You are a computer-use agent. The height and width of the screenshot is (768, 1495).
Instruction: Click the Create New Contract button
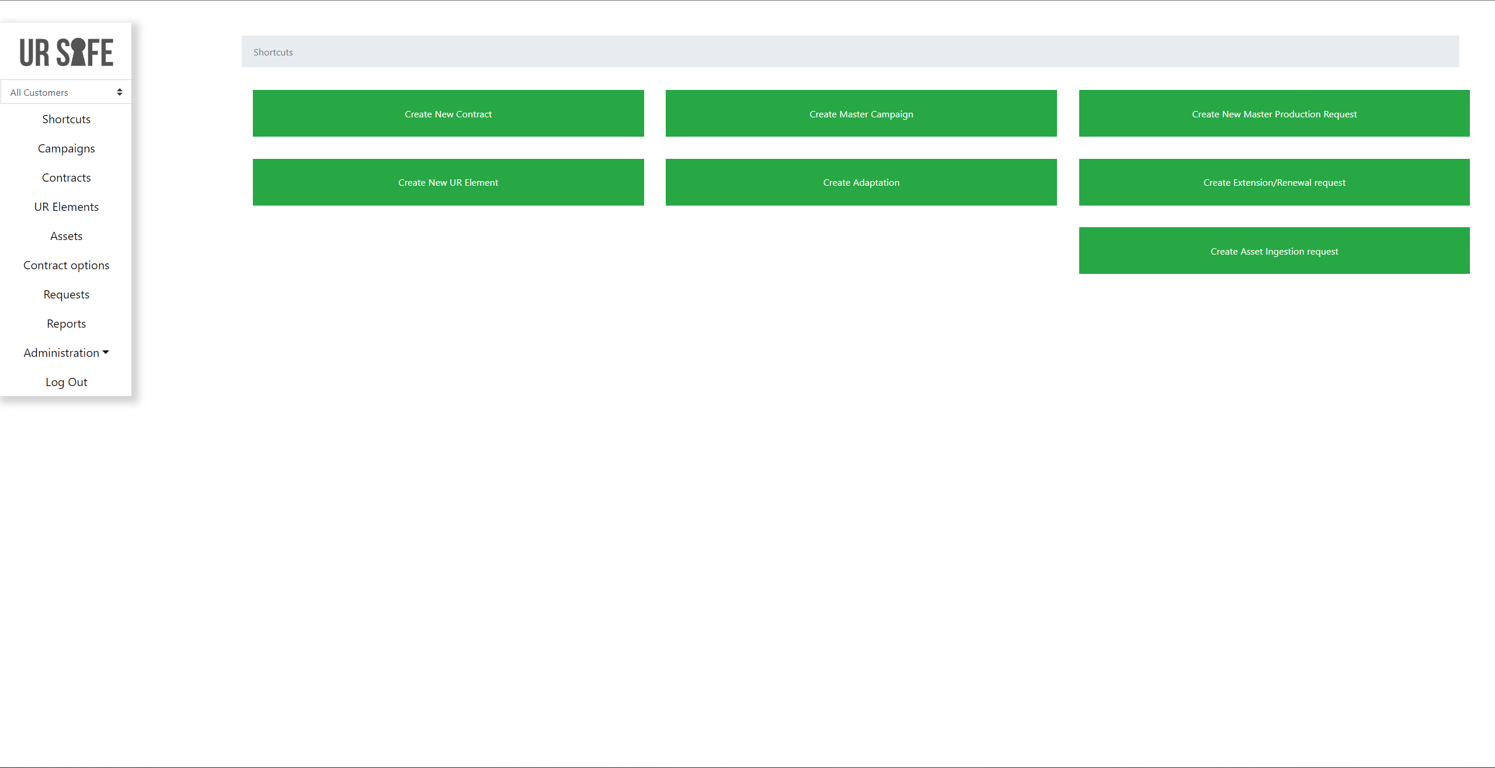448,113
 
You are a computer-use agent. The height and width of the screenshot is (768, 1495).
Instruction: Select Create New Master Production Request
1274,113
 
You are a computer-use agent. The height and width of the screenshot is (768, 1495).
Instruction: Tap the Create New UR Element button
448,182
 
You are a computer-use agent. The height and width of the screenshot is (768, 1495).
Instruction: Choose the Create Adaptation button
861,182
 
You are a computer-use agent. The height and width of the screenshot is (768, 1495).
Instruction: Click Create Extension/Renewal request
1274,182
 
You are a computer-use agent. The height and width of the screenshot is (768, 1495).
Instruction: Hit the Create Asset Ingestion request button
1274,251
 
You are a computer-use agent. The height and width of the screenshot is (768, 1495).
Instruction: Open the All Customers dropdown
66,92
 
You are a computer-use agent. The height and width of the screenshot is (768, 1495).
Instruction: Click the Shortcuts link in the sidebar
67,119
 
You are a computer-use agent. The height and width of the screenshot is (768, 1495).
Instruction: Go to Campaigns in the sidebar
67,149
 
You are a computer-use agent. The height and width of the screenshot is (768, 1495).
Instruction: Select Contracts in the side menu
67,178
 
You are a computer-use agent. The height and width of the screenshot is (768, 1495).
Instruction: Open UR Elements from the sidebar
67,207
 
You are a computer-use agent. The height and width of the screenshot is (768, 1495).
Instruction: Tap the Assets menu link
67,236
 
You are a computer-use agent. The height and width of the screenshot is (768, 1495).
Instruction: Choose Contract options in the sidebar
67,266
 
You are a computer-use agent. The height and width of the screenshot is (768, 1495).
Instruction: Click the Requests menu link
67,295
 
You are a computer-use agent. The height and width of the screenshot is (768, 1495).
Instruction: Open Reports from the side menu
67,324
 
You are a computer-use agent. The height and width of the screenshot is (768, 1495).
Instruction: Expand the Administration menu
67,353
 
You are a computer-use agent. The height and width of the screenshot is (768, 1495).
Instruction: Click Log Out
67,382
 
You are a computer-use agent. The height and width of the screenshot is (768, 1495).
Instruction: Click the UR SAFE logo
67,53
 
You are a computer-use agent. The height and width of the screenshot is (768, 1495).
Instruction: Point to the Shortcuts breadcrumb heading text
273,52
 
